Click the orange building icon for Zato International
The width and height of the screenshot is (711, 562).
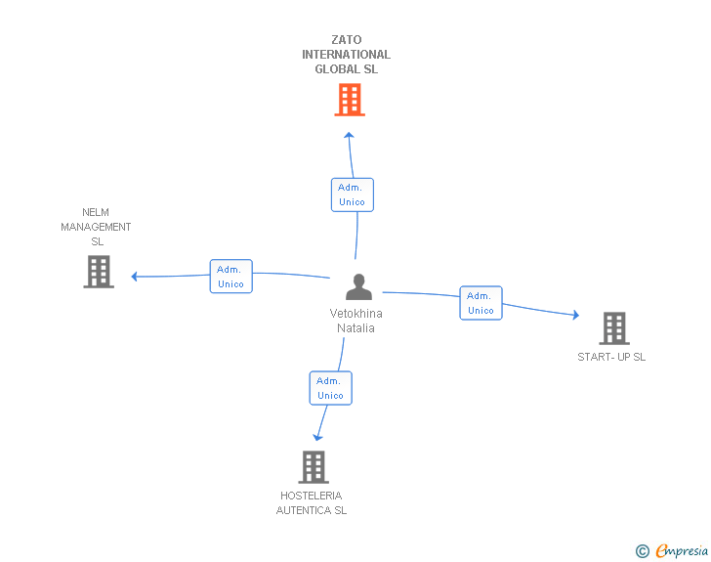click(x=350, y=100)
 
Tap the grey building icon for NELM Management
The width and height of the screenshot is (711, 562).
click(x=99, y=272)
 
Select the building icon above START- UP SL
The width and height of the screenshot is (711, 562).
click(x=614, y=328)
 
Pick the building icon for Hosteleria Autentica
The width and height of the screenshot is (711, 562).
click(x=314, y=467)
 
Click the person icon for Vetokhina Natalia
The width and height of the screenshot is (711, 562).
click(x=358, y=287)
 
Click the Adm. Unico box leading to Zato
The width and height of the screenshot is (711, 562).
click(x=353, y=195)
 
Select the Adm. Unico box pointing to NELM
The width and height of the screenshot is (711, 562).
click(x=230, y=277)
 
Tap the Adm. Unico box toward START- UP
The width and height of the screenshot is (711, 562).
click(x=481, y=303)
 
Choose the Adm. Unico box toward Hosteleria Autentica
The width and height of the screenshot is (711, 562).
click(x=330, y=388)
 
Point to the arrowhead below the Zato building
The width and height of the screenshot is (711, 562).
click(x=349, y=135)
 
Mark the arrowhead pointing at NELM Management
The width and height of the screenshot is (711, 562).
click(x=134, y=276)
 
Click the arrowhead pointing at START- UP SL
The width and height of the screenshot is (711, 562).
click(x=576, y=315)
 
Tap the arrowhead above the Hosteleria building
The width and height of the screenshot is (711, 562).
click(x=317, y=437)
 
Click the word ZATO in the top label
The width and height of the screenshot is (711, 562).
click(x=347, y=40)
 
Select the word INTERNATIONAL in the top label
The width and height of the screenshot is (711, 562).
click(x=347, y=55)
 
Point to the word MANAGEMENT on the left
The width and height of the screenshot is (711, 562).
click(x=96, y=227)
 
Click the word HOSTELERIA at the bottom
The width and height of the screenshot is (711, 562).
click(x=311, y=496)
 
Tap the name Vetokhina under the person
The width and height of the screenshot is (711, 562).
click(x=355, y=314)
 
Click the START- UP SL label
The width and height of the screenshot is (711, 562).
click(x=611, y=357)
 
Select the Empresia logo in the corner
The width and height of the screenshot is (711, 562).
click(x=672, y=550)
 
